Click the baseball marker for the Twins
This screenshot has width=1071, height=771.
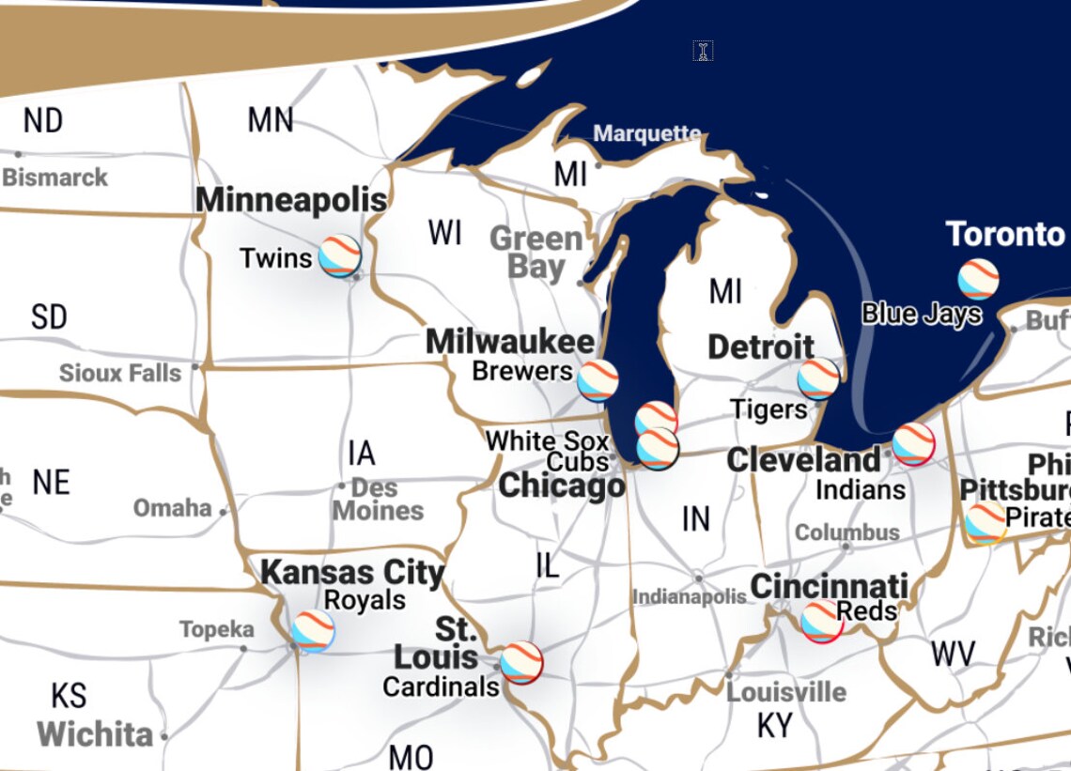click(x=339, y=255)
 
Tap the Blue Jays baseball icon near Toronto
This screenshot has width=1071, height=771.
click(x=978, y=279)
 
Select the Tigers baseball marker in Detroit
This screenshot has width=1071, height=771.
click(x=818, y=378)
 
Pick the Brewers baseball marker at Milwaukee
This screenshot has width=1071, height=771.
click(x=598, y=380)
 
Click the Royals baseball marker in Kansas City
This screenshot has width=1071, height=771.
click(x=313, y=631)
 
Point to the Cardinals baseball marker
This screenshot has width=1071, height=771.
click(x=521, y=663)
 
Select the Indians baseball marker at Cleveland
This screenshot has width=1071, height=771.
click(x=913, y=444)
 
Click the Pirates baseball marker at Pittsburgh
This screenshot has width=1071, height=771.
click(x=986, y=523)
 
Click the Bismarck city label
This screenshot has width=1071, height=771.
click(x=55, y=177)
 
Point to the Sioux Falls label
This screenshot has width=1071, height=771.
click(x=120, y=373)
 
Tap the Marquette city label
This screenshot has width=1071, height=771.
click(x=647, y=133)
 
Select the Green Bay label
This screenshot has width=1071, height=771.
click(x=535, y=253)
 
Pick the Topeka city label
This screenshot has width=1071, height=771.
click(x=216, y=629)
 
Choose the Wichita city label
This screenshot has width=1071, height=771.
click(x=95, y=733)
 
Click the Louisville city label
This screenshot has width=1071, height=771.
click(x=786, y=692)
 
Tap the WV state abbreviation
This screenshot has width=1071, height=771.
click(x=953, y=654)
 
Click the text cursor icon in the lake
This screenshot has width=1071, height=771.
click(x=703, y=51)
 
